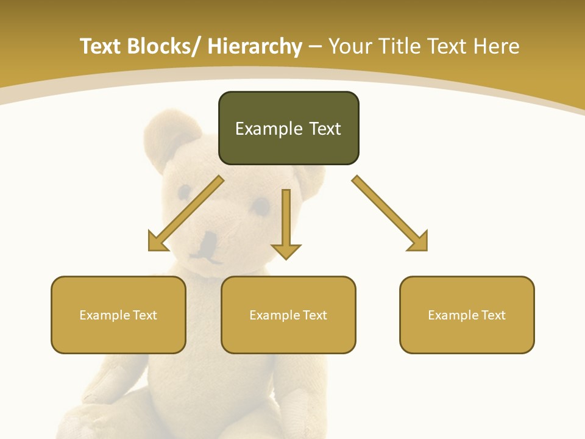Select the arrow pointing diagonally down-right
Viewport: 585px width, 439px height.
[x=390, y=213]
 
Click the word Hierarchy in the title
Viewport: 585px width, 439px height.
[x=255, y=46]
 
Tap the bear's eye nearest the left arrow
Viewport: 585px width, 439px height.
[x=185, y=193]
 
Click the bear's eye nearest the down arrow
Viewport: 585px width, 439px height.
[x=261, y=205]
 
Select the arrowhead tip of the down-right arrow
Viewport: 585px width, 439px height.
[x=426, y=249]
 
